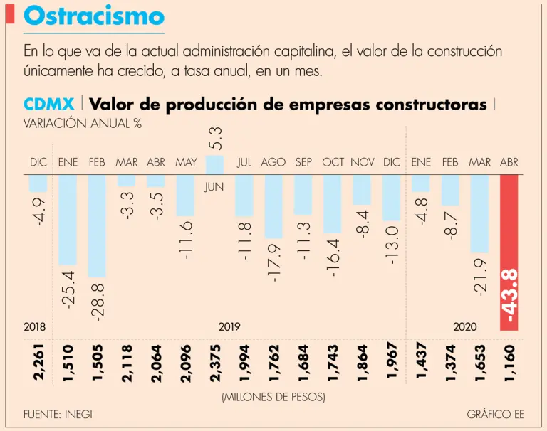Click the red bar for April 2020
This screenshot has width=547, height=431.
pos(509,252)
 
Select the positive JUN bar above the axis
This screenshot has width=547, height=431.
pos(214,164)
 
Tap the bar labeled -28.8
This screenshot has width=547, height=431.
pos(97,225)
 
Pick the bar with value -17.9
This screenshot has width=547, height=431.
pos(273,206)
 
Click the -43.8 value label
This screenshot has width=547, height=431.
pos(509,297)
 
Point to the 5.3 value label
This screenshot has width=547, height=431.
pos(216,138)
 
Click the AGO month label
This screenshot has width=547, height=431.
pos(273,162)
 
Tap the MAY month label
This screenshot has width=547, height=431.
pos(185,162)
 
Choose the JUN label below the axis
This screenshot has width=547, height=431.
pos(214,188)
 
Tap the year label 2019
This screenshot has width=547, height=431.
pos(229,326)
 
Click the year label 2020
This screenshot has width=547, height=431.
pos(464,326)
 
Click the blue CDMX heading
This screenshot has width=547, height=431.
pos(49,105)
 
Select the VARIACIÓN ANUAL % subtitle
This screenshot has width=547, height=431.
pos(82,123)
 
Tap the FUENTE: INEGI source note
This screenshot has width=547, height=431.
pos(58,414)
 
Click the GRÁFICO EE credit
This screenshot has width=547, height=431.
pos(490,414)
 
